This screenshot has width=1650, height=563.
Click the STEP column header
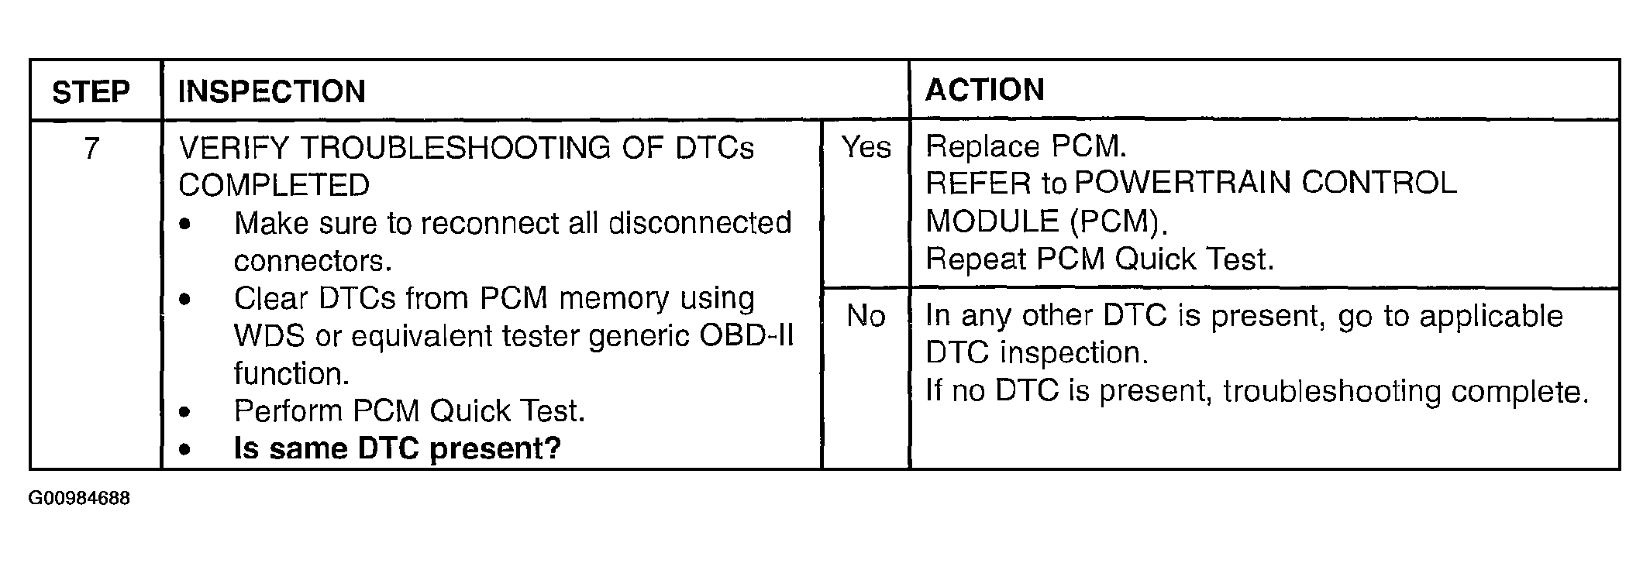[x=91, y=92]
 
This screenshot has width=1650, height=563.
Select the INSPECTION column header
[x=271, y=91]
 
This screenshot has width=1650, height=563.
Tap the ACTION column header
[x=984, y=90]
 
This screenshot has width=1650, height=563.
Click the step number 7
[x=91, y=148]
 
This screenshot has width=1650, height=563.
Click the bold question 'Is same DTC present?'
[x=398, y=448]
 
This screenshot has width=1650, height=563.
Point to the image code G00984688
[x=79, y=498]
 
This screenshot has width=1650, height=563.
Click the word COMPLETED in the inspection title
[x=274, y=185]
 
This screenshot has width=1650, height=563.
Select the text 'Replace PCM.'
[x=1026, y=146]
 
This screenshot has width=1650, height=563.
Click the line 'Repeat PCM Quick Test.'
[x=1100, y=259]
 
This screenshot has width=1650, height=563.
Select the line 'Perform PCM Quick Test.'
[x=409, y=410]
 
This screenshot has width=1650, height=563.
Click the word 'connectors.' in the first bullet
[x=312, y=261]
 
